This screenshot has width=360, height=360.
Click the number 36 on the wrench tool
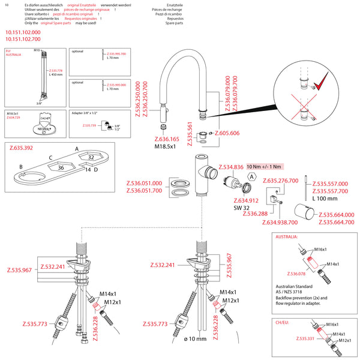click(x=61, y=168)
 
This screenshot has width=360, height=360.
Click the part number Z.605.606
click(x=227, y=133)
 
